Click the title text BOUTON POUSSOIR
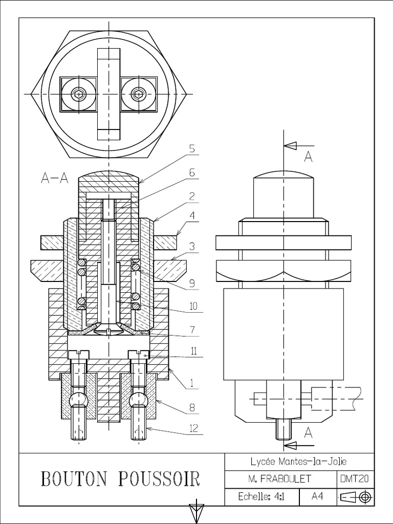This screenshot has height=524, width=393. [x=120, y=479]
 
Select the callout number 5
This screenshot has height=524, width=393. [x=192, y=149]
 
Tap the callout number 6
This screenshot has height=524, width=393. [x=192, y=172]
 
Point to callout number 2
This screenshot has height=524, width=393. [x=192, y=195]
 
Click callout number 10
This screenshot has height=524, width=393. [x=193, y=307]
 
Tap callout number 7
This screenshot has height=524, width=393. [x=192, y=330]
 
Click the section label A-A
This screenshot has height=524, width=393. [x=54, y=178]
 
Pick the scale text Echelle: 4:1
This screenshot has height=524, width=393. [x=263, y=497]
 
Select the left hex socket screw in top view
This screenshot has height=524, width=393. [x=78, y=94]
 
